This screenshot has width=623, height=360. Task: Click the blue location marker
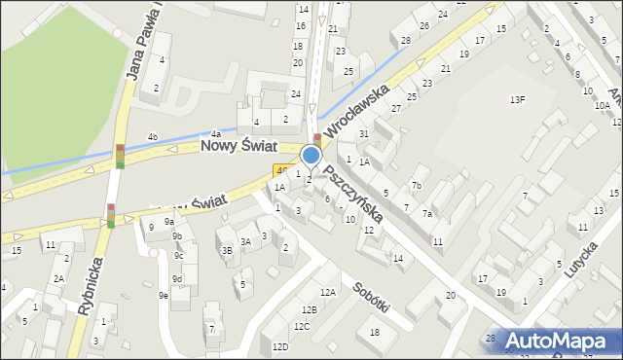311,155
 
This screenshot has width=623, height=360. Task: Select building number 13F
518,99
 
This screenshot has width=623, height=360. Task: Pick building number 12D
280,347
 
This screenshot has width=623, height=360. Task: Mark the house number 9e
164,295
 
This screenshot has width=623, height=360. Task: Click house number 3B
227,250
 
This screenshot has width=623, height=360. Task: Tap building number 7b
416,185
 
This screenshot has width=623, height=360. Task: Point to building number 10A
603,105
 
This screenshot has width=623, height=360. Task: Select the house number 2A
58,278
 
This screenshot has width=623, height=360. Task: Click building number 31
363,133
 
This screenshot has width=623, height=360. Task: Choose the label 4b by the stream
153,136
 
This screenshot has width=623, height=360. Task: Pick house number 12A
328,292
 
